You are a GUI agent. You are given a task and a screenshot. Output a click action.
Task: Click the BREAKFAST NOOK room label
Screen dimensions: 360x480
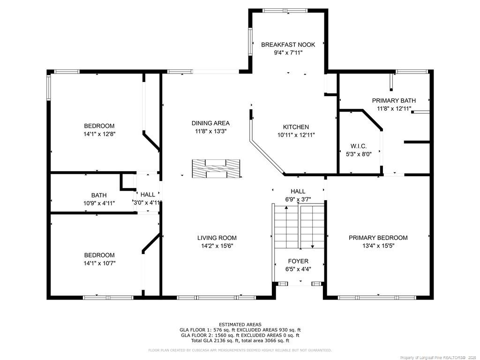(x=288, y=45)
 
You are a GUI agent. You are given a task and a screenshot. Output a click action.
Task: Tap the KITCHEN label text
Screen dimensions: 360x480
(x=296, y=127)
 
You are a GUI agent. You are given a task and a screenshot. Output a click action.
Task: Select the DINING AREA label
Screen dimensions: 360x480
(x=210, y=123)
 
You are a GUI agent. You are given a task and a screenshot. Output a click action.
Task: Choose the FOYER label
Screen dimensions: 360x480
(x=298, y=261)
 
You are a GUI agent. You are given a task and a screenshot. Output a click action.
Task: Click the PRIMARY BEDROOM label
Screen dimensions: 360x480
(x=378, y=238)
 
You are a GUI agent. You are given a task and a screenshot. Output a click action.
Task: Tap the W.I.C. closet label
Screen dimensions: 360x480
(x=359, y=146)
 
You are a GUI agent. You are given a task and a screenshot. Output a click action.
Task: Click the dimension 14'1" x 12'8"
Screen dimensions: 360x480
(x=99, y=134)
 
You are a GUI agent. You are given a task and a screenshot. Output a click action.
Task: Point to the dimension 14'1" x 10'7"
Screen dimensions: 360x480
(x=99, y=263)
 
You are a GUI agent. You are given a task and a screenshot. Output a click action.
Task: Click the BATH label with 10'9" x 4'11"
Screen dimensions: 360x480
(x=99, y=195)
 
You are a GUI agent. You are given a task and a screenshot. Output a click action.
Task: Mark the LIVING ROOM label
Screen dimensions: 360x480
(x=217, y=238)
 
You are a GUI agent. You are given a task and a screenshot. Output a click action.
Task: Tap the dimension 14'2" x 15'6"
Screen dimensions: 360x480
(x=217, y=246)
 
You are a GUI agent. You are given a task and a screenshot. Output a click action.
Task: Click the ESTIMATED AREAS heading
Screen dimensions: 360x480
(x=240, y=324)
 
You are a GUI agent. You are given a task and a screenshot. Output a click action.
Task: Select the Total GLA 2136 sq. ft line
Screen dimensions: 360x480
(x=240, y=341)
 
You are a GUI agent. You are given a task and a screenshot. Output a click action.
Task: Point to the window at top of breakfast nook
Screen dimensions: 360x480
(x=285, y=10)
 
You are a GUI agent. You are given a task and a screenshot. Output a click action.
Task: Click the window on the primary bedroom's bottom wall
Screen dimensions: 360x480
(x=377, y=297)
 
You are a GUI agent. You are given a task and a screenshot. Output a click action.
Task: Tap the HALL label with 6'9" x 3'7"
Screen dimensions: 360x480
(x=298, y=191)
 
